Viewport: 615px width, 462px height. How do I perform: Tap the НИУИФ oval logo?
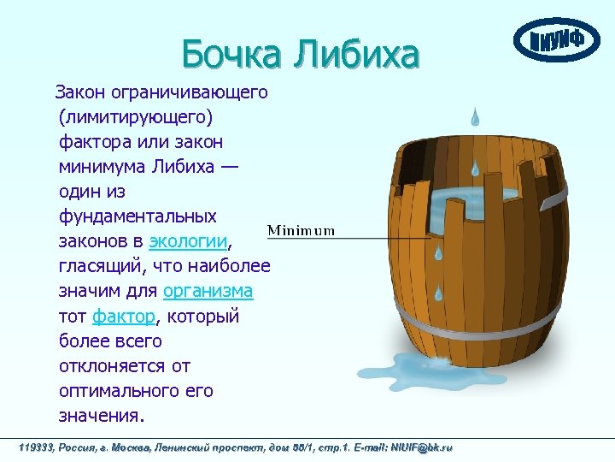(556, 40)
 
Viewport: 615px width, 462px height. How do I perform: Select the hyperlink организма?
(208, 290)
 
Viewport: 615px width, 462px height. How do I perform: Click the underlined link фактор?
(124, 316)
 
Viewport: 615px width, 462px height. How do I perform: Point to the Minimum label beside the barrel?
(302, 230)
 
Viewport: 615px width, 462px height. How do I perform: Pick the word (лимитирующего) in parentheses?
(137, 115)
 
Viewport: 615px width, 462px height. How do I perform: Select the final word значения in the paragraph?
(100, 416)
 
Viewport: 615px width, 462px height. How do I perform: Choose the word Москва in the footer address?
(132, 447)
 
